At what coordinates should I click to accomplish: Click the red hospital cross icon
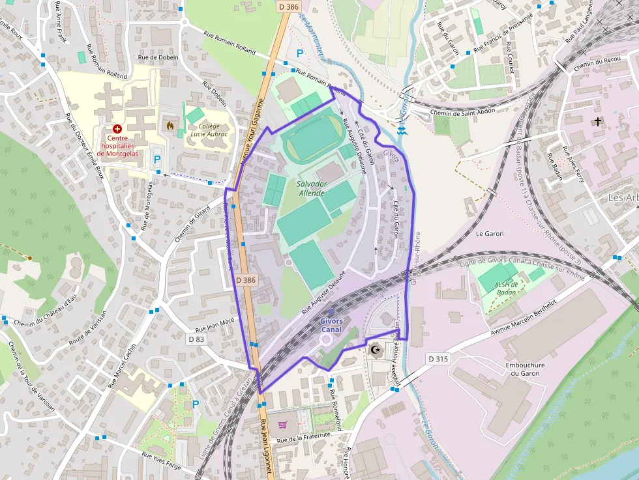tap(117, 130)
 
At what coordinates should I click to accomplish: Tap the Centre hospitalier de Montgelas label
tap(117, 145)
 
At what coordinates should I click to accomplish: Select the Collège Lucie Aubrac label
tap(209, 130)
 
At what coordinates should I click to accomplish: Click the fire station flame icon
tap(171, 124)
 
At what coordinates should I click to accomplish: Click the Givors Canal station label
tap(331, 325)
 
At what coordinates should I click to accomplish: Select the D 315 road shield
tap(439, 359)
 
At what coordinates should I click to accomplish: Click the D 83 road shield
tap(196, 339)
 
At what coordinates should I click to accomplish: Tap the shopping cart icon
tap(282, 425)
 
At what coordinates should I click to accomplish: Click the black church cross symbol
tap(598, 121)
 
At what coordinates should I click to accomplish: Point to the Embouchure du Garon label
tap(525, 369)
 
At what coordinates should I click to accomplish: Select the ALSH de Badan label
tap(505, 288)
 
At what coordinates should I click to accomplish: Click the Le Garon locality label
tap(489, 233)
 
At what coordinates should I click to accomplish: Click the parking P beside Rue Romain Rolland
tap(300, 53)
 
